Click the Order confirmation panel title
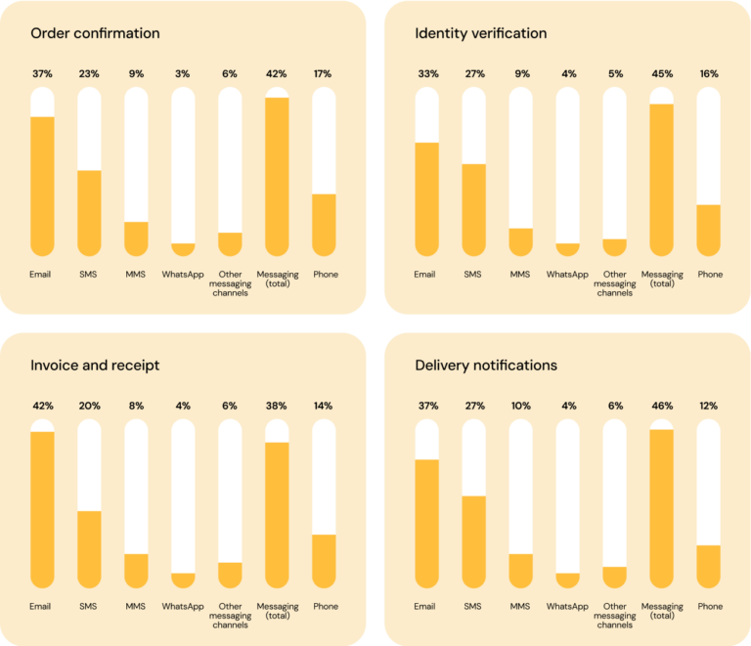(x=95, y=34)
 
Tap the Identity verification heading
(x=480, y=34)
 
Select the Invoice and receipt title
(x=95, y=366)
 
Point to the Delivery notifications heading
(x=486, y=366)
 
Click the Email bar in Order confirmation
(x=42, y=185)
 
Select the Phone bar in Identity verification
(x=709, y=230)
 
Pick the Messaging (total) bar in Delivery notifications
(x=662, y=507)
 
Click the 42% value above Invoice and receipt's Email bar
(x=42, y=406)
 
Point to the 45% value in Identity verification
(x=662, y=73)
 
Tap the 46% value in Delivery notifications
(x=662, y=406)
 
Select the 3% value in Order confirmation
(x=183, y=73)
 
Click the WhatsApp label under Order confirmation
(x=183, y=275)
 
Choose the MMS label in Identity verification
(x=520, y=275)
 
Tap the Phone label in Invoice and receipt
(x=325, y=607)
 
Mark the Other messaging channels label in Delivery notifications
(x=615, y=616)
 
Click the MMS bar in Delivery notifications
(x=520, y=570)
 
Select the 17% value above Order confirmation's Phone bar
(x=324, y=73)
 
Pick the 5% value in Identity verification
(x=615, y=73)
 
